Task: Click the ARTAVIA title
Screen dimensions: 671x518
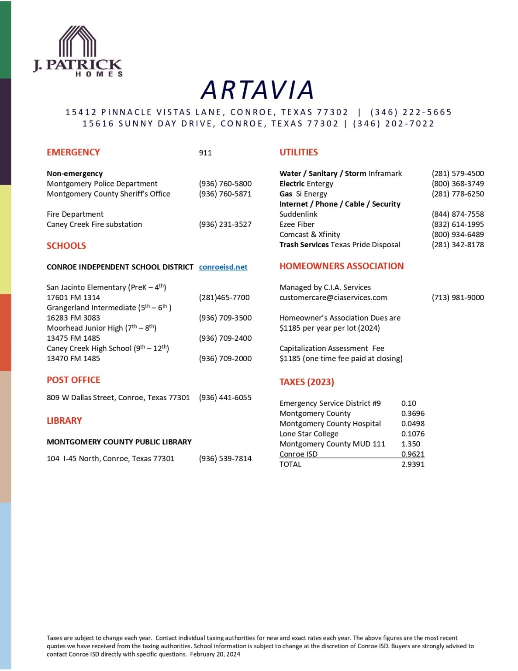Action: coord(258,90)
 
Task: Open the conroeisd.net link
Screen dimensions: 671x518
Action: coord(223,267)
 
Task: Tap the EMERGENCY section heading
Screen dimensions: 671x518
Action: coord(73,152)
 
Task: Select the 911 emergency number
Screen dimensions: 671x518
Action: coord(205,153)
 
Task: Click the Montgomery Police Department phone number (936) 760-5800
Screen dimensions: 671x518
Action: coord(225,183)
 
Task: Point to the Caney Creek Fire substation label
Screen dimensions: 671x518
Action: coord(94,224)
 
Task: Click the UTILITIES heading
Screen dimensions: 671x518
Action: coord(299,152)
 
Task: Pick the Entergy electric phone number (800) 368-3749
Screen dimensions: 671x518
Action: coord(458,183)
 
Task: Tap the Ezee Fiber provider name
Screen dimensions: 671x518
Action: coord(297,224)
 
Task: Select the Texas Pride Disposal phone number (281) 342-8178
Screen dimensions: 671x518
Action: coord(458,245)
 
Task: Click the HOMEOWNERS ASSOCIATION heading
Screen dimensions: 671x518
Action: coord(342,266)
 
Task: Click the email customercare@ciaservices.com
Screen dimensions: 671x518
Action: coord(333,297)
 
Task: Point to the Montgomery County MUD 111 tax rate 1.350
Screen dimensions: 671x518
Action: coord(411,444)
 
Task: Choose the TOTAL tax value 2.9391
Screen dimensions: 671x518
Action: coord(413,464)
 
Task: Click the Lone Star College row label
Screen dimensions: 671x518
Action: coord(309,434)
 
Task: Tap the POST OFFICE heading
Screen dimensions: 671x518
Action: coord(73,380)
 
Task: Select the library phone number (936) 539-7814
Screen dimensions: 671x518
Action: coord(225,459)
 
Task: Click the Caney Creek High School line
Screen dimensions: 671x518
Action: coord(108,348)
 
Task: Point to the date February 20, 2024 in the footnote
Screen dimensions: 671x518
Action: coord(215,654)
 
